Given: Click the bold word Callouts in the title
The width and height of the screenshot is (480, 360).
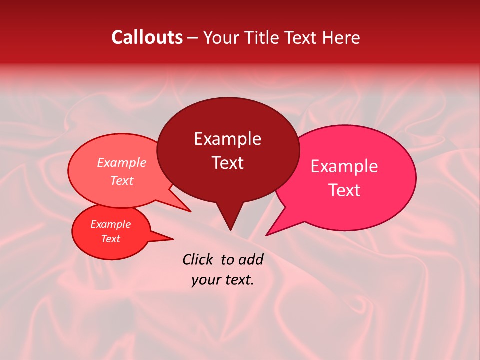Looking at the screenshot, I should pyautogui.click(x=147, y=37).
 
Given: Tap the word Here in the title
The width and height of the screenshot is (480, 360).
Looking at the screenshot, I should pyautogui.click(x=342, y=37).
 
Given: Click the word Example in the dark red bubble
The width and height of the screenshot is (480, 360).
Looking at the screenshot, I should pyautogui.click(x=227, y=139).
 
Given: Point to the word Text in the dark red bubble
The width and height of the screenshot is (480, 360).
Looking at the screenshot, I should pyautogui.click(x=227, y=163).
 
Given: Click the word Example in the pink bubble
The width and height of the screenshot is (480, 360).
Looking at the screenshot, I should pyautogui.click(x=344, y=166).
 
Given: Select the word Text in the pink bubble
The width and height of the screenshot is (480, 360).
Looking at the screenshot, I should pyautogui.click(x=344, y=190).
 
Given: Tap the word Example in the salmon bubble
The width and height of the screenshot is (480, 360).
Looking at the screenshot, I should pyautogui.click(x=122, y=162).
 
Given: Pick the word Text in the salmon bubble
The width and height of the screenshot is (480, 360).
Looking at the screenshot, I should pyautogui.click(x=122, y=180).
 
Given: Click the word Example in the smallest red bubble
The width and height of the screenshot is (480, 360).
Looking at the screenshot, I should pyautogui.click(x=111, y=224).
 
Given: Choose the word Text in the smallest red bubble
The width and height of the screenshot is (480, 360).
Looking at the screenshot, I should pyautogui.click(x=111, y=239).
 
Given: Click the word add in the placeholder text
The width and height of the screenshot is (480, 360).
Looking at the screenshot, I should pyautogui.click(x=251, y=259).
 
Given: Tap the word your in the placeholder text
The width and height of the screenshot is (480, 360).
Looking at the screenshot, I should pyautogui.click(x=205, y=280).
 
